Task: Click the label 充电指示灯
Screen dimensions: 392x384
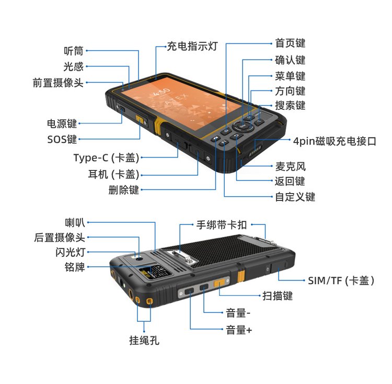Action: pyautogui.click(x=192, y=46)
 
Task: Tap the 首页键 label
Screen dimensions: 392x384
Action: pyautogui.click(x=290, y=43)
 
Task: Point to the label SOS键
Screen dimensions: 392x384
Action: pyautogui.click(x=62, y=139)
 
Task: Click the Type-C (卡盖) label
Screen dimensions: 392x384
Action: pyautogui.click(x=106, y=158)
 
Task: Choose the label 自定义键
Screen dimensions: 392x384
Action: pyautogui.click(x=295, y=197)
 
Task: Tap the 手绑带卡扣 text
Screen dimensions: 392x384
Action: pyautogui.click(x=222, y=224)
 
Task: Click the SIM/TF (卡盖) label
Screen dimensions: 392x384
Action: pyautogui.click(x=341, y=280)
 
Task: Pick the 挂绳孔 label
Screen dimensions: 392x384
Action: pyautogui.click(x=144, y=340)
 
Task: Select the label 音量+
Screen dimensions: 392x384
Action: pyautogui.click(x=239, y=330)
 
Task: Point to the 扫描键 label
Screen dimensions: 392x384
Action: pyautogui.click(x=278, y=296)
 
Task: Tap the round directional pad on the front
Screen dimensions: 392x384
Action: pyautogui.click(x=243, y=126)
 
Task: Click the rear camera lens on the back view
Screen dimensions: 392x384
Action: pyautogui.click(x=139, y=259)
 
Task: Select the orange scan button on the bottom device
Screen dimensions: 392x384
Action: pyautogui.click(x=219, y=283)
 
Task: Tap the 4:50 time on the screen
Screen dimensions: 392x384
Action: pyautogui.click(x=162, y=92)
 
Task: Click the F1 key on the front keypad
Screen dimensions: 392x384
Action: pyautogui.click(x=224, y=143)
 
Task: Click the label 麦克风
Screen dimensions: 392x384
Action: pyautogui.click(x=291, y=166)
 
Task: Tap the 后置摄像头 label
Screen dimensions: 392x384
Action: pyautogui.click(x=60, y=238)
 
